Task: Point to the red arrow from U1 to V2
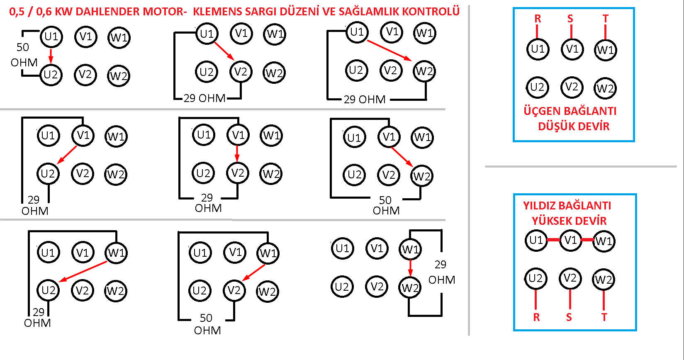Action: pyautogui.click(x=224, y=51)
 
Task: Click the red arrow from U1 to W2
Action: pyautogui.click(x=389, y=50)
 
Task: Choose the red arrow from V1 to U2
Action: pyautogui.click(x=67, y=155)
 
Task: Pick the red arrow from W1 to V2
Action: pyautogui.click(x=253, y=272)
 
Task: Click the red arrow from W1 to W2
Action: pyautogui.click(x=411, y=268)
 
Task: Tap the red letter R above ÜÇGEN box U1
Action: pyautogui.click(x=538, y=19)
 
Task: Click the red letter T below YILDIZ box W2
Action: pyautogui.click(x=604, y=317)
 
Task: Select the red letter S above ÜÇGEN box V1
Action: pyautogui.click(x=570, y=19)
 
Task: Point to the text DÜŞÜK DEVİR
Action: pyautogui.click(x=574, y=126)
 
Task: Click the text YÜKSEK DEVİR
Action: pyautogui.click(x=569, y=221)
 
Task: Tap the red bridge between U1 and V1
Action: pyautogui.click(x=553, y=240)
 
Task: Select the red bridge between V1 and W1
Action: pyautogui.click(x=587, y=240)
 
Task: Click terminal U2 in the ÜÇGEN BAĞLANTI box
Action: pyautogui.click(x=537, y=88)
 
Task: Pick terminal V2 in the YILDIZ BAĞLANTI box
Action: pyautogui.click(x=570, y=278)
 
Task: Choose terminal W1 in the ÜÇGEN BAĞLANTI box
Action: pyautogui.click(x=605, y=50)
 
